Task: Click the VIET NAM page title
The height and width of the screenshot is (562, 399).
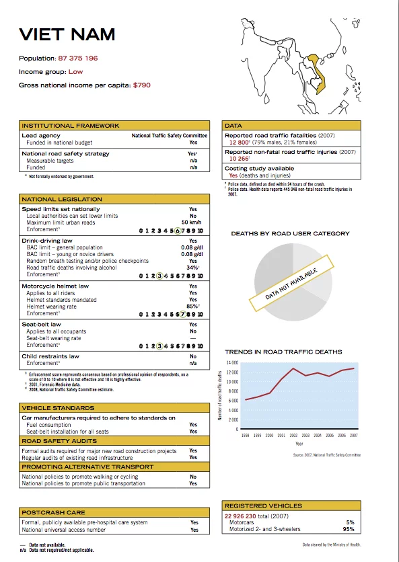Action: pos(67,34)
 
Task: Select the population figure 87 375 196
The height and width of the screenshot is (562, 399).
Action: pos(78,58)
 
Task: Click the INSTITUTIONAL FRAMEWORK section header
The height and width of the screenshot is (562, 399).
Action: pos(71,126)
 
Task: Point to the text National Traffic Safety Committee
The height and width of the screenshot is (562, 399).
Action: pos(169,136)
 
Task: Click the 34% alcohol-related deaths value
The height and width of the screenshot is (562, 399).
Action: pos(192,268)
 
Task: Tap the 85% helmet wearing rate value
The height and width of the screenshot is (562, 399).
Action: pos(192,307)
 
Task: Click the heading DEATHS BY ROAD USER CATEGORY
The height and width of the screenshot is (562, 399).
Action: pos(290,233)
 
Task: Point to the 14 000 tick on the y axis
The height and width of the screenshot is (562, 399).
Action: pos(232,363)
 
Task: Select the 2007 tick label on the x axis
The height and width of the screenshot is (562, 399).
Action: pos(353,436)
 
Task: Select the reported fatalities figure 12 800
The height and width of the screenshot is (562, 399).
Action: pos(238,143)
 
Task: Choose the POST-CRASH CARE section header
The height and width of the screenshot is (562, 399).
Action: pos(52,512)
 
